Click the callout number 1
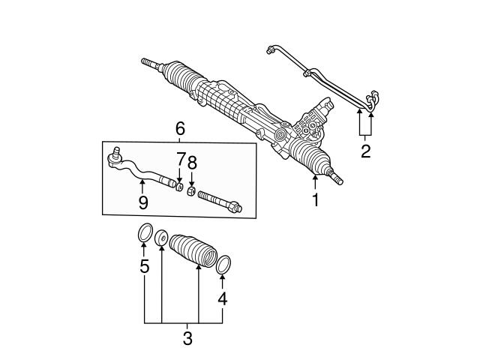tap(316, 200)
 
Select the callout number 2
tap(365, 153)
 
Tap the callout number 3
tap(187, 338)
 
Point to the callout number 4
tap(222, 299)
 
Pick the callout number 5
tap(145, 266)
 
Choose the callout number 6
tap(180, 130)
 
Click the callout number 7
tap(180, 160)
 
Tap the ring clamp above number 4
tap(223, 264)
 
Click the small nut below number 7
tap(179, 185)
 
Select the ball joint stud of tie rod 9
tap(116, 155)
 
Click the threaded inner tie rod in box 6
tap(219, 202)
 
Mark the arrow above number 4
tap(222, 282)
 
